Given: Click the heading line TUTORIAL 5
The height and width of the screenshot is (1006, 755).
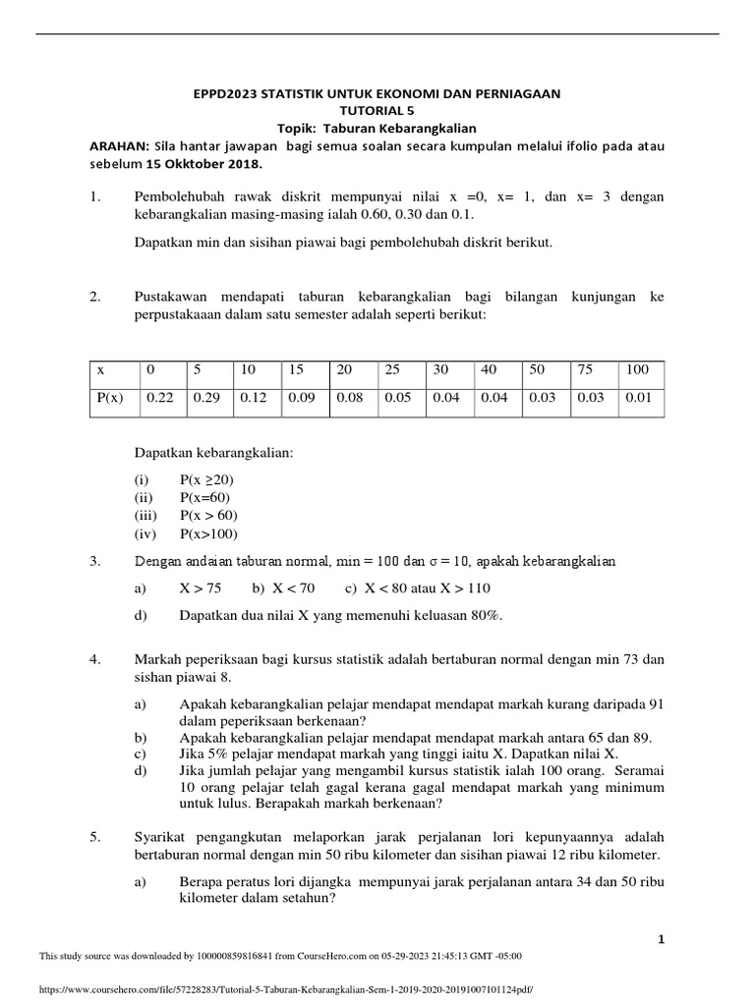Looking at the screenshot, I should (377, 111).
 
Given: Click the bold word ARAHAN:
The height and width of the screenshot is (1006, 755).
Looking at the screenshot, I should (118, 146).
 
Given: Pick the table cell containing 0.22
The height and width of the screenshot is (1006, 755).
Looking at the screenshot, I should (159, 399).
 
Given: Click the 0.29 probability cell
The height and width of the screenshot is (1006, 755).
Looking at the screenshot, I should (206, 399).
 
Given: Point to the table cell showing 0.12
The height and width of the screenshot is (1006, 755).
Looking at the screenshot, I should (254, 399).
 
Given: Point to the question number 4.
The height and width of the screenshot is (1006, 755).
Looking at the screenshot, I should (95, 658).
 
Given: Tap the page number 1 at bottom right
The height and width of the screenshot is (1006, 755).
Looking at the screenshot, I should (662, 939).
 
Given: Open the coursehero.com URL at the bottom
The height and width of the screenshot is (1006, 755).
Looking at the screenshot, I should (285, 991).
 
